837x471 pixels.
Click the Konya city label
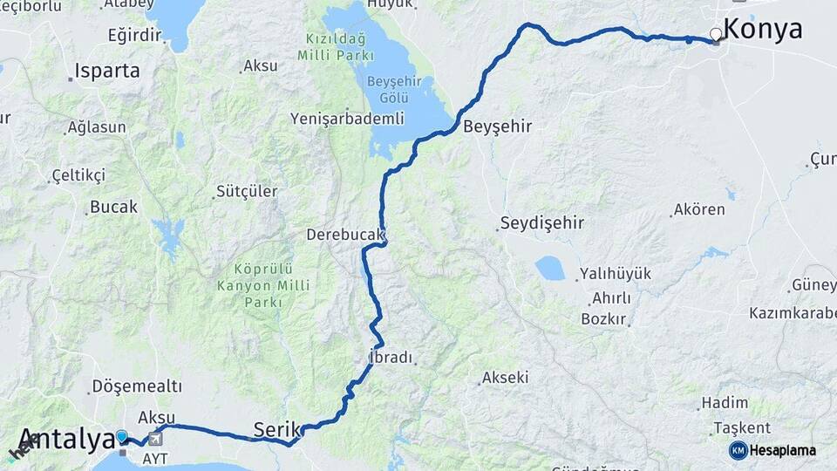pos(763,29)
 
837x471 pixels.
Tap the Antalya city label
pos(65,439)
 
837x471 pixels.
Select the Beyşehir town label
pos(497,126)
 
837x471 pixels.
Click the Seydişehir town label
pos(542,222)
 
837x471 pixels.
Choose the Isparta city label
pos(107,72)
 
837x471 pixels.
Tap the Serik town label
pos(276,428)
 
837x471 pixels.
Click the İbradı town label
pos(389,358)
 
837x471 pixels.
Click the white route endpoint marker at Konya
pos(716,35)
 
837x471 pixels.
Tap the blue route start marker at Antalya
pos(122,435)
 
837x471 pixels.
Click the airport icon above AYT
pos(155,439)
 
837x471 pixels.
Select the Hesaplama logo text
pos(782,451)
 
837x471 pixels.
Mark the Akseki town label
pos(507,378)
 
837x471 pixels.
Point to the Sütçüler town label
pos(247,191)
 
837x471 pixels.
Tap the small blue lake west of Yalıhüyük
pos(549,268)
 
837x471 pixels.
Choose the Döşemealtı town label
pos(137,386)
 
